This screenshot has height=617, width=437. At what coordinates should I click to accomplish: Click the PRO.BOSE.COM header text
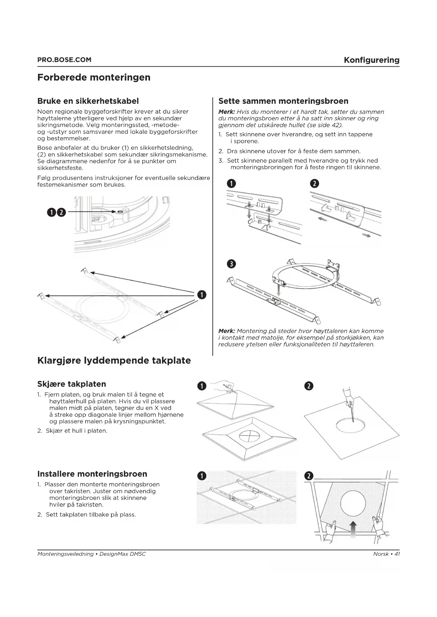coord(64,60)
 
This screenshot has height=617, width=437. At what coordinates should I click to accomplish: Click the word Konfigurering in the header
coord(372,60)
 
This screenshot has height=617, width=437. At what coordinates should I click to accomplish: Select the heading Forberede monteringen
coord(94,77)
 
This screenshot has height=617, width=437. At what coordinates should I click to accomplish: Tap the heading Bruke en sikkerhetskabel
coord(88,101)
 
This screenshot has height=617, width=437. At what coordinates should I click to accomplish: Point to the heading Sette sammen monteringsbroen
coord(283,101)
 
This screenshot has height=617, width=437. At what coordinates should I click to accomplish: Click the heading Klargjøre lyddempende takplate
coord(114,360)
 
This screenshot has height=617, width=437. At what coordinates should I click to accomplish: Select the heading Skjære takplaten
coord(71,384)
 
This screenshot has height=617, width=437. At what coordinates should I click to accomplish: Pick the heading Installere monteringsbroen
coord(92,474)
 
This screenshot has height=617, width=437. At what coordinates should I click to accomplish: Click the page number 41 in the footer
coord(397,554)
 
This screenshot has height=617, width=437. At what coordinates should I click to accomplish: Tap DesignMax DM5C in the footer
coord(123,554)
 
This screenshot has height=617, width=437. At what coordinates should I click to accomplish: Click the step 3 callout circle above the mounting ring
coord(231,264)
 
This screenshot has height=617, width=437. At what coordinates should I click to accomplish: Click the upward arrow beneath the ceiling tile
coord(353,529)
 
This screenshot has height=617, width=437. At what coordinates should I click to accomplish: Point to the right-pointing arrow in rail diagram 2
coord(367,235)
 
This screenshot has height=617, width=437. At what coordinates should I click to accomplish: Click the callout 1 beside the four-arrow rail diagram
coord(201,294)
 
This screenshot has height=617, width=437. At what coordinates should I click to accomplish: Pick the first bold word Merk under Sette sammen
coord(226,112)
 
